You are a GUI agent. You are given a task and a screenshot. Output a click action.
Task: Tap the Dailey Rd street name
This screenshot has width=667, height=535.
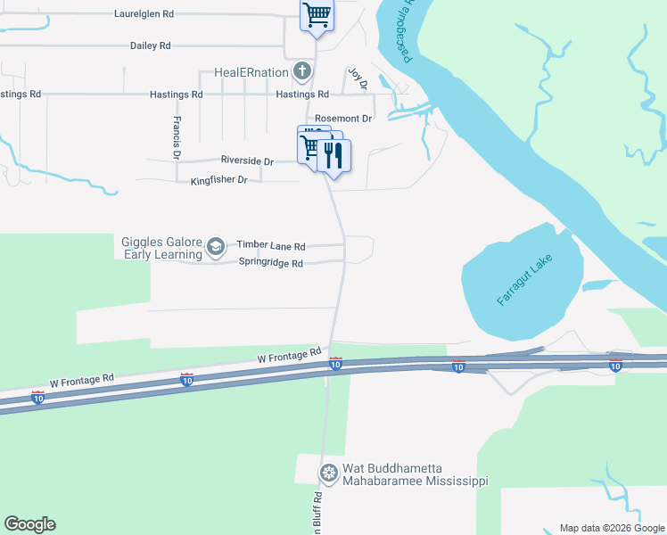tap(150, 45)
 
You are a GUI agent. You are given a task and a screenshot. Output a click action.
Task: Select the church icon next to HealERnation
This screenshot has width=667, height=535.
tap(303, 71)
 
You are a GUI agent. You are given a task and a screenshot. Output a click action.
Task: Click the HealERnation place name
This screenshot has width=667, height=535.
tap(252, 72)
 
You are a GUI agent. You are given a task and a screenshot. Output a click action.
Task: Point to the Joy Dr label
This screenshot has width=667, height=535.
tap(357, 78)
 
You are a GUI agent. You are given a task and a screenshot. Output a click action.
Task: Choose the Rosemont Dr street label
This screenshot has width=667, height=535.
tap(343, 119)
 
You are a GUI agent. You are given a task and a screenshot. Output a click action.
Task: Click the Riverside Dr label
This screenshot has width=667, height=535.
tap(247, 160)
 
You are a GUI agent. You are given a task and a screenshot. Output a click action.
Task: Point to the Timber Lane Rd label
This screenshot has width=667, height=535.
tap(271, 245)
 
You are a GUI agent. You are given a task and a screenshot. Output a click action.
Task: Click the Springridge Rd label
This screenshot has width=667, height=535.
tap(271, 263)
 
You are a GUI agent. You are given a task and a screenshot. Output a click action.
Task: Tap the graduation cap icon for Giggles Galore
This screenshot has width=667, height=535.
tap(215, 246)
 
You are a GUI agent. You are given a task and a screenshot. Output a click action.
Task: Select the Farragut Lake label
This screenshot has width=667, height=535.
tap(524, 281)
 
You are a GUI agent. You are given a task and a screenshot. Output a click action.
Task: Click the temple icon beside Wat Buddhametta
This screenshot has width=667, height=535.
tap(329, 472)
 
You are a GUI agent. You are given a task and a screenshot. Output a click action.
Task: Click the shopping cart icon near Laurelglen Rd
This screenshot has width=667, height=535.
tap(317, 15)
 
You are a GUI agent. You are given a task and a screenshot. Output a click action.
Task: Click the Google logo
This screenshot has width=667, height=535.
tap(29, 524)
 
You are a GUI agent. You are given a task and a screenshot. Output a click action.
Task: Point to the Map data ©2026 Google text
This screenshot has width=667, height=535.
tap(612, 528)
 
